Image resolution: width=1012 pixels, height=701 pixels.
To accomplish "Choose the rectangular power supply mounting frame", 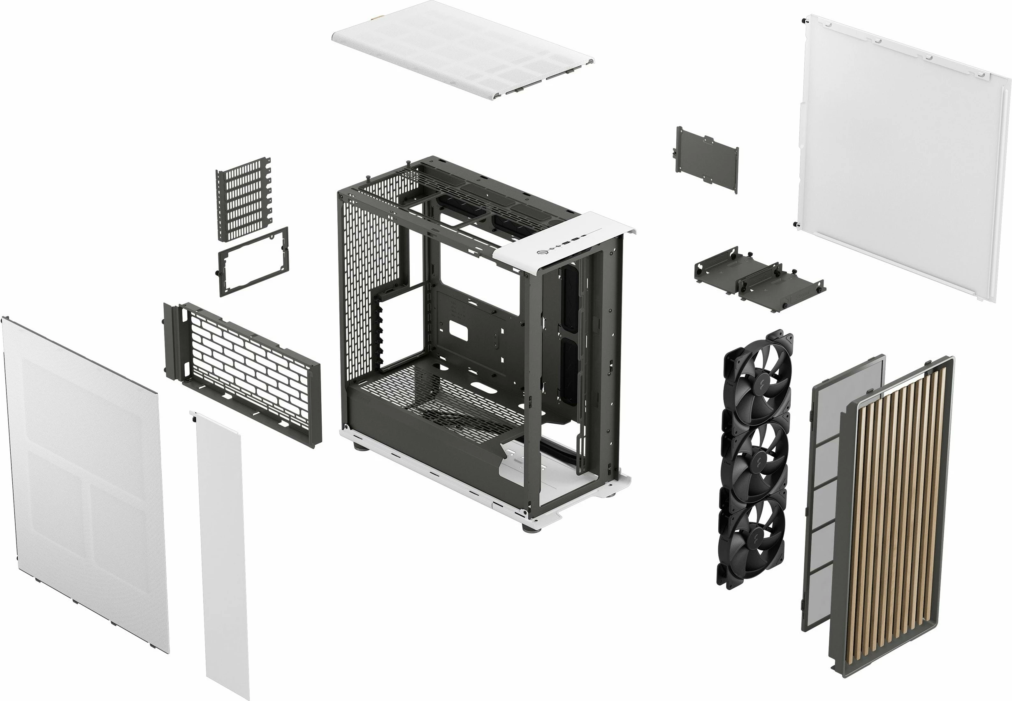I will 253,261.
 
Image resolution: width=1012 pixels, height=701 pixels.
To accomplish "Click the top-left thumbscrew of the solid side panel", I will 803,21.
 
